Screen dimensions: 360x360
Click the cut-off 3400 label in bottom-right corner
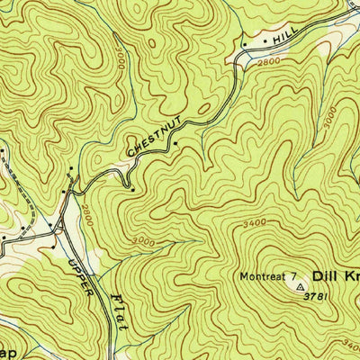352,345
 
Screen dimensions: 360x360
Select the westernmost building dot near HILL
244,43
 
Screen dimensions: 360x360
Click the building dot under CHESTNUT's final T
176,142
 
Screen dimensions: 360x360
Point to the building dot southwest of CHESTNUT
132,189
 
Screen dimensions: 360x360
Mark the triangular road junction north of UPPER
59,226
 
